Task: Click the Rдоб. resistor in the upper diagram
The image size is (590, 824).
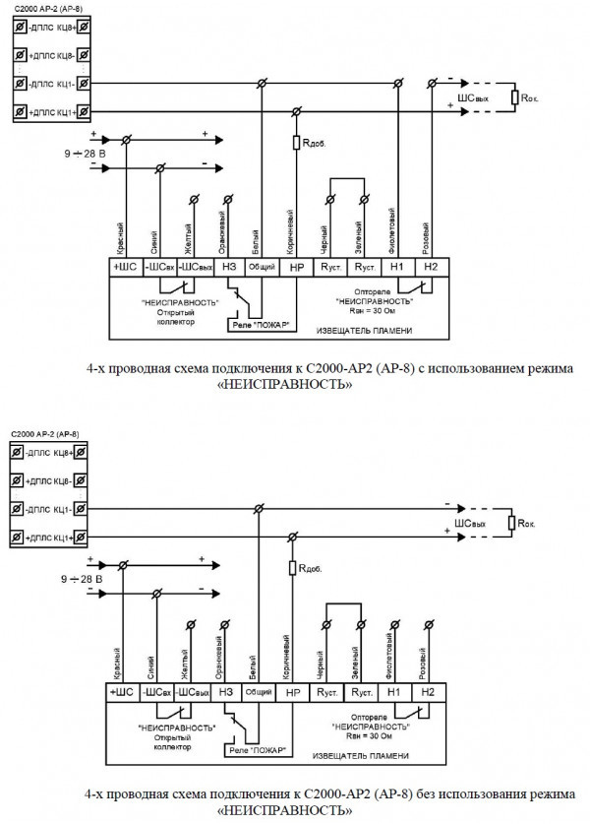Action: [296, 144]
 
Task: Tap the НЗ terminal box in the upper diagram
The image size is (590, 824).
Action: [229, 265]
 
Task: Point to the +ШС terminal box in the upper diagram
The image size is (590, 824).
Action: [125, 265]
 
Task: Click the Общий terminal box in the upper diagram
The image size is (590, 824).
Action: [261, 265]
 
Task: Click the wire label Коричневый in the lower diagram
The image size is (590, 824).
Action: [291, 658]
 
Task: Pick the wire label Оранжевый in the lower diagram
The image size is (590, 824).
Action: [225, 658]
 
